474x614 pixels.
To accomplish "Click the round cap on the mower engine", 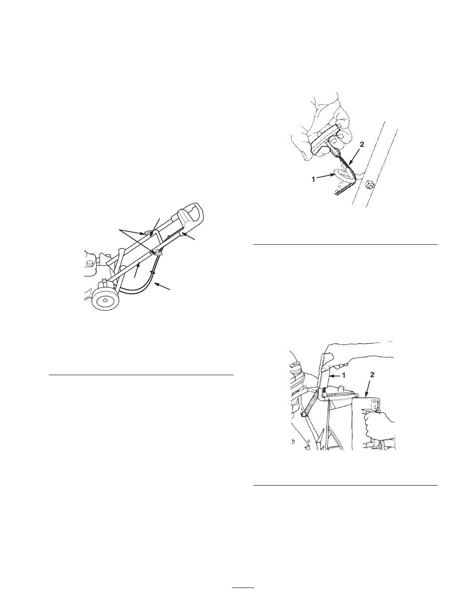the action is tap(90, 263).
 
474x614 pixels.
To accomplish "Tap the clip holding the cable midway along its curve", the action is tap(152, 272).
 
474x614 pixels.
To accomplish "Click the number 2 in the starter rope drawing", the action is tap(362, 144).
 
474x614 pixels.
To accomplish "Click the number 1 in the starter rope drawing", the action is tap(313, 179).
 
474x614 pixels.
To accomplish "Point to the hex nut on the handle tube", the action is tap(369, 186).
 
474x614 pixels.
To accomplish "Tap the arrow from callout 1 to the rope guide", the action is tap(326, 176).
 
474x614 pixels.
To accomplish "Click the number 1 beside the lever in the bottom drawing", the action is tap(344, 376).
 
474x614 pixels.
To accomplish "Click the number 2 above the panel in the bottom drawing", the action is tap(372, 375).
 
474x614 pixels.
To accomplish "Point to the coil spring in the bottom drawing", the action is tap(310, 405).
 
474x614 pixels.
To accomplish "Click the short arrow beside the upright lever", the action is tap(335, 376).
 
